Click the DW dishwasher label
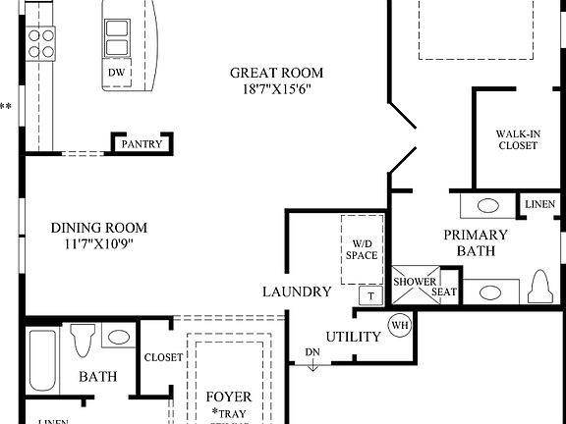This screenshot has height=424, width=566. (x=115, y=74)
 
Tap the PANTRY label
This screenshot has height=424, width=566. (x=141, y=144)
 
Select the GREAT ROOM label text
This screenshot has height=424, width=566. (x=276, y=73)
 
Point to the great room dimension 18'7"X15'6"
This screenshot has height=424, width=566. (x=276, y=89)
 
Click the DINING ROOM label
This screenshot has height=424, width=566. (x=90, y=228)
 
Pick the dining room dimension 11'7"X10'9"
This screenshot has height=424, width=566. (x=90, y=244)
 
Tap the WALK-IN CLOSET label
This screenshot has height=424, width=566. (x=517, y=138)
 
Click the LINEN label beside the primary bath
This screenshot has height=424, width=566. (x=539, y=204)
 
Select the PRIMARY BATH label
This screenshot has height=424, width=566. (x=476, y=242)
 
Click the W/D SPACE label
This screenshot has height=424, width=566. (x=360, y=249)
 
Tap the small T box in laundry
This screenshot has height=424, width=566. (x=370, y=295)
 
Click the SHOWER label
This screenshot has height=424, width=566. (x=415, y=283)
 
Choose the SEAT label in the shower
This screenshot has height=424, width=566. (x=443, y=291)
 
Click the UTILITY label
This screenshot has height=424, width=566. (x=353, y=337)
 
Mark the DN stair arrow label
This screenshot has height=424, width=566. (x=311, y=352)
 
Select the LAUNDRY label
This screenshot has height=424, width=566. (x=297, y=291)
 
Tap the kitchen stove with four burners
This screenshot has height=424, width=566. (x=41, y=42)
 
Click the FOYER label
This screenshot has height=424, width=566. (x=228, y=397)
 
